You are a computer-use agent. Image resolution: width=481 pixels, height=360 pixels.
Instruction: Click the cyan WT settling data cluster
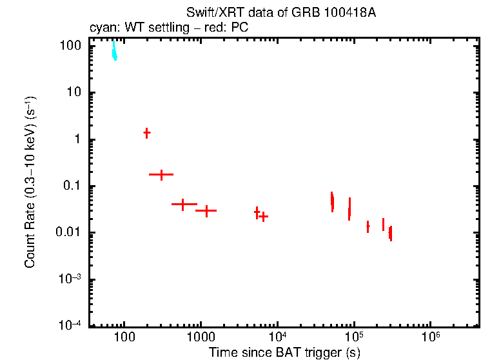(114, 50)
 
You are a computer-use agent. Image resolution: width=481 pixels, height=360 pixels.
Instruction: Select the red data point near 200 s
(147, 132)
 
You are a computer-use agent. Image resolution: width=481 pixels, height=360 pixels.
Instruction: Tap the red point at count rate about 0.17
(161, 174)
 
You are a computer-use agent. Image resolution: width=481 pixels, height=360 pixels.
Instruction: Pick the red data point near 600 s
(183, 205)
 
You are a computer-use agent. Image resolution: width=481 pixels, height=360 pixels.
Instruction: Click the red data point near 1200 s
(206, 210)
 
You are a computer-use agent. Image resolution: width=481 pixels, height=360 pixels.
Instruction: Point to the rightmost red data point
(391, 233)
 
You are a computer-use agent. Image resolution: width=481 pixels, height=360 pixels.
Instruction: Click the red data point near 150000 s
(368, 226)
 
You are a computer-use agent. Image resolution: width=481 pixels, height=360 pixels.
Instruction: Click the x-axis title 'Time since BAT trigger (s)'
(284, 352)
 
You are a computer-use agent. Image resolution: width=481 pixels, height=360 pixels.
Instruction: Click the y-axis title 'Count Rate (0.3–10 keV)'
(30, 182)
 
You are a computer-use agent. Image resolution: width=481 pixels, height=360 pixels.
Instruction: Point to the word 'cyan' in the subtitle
(101, 28)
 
